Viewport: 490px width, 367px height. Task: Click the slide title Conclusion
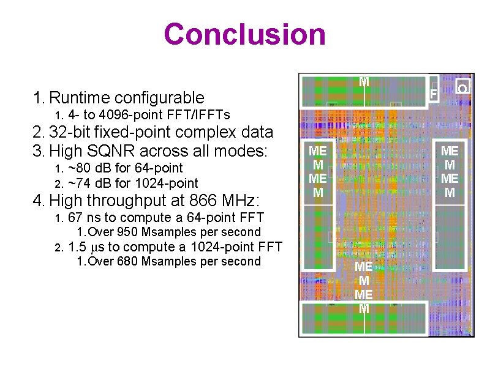[244, 34]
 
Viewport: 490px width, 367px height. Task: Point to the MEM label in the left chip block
[317, 172]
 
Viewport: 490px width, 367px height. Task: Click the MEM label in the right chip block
[450, 172]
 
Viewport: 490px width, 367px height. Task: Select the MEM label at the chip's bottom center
[364, 287]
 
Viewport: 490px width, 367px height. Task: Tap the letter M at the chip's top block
[364, 81]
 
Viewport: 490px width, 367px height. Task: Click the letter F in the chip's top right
[432, 94]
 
